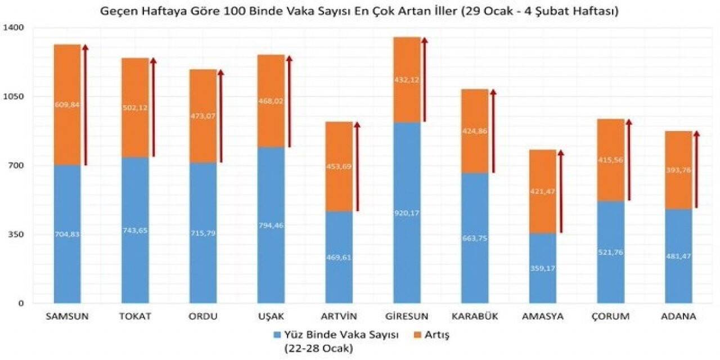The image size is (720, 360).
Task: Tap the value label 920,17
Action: pyautogui.click(x=407, y=213)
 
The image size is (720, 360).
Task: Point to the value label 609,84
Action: pyautogui.click(x=67, y=104)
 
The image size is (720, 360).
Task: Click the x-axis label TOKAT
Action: pyautogui.click(x=135, y=316)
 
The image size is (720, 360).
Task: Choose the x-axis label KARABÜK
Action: pyautogui.click(x=475, y=316)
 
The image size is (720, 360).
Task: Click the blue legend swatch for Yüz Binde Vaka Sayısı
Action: pyautogui.click(x=276, y=335)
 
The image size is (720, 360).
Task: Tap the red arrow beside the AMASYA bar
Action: pyautogui.click(x=561, y=191)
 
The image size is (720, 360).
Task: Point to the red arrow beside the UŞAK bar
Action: pyautogui.click(x=289, y=101)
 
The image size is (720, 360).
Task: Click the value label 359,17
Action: pyautogui.click(x=543, y=268)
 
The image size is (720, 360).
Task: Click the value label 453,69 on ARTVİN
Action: pyautogui.click(x=339, y=166)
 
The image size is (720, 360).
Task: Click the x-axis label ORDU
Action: pyautogui.click(x=203, y=316)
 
